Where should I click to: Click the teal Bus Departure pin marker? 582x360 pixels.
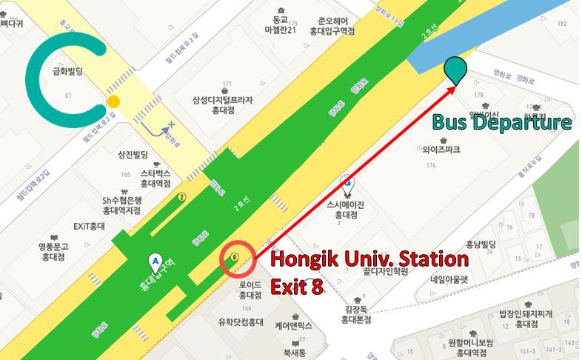[455, 68]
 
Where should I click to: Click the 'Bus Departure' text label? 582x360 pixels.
[501, 122]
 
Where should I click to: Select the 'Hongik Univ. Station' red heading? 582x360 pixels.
[369, 261]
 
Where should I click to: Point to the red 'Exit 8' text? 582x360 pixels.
[296, 286]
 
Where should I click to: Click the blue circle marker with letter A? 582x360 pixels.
[155, 261]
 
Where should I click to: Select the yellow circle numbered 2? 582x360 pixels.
[181, 198]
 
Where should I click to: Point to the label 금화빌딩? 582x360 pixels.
[66, 73]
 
